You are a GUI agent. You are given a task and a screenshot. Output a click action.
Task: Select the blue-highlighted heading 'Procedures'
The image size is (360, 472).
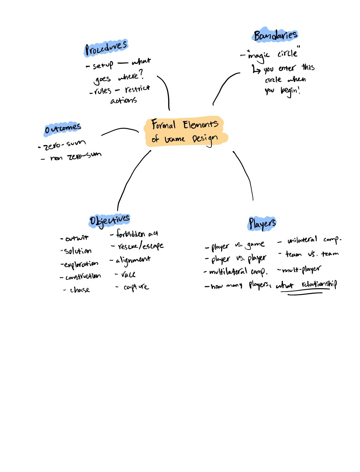(x=106, y=48)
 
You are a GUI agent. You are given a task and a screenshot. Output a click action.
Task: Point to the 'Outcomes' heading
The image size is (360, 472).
(x=63, y=129)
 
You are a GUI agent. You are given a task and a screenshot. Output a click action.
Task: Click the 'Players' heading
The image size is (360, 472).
(x=262, y=224)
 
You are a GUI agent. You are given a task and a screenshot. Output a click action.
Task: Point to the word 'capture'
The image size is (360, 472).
(x=136, y=287)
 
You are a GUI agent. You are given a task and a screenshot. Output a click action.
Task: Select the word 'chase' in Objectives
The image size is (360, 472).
(x=80, y=290)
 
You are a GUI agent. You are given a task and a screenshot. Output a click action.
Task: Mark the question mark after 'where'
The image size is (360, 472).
(x=142, y=74)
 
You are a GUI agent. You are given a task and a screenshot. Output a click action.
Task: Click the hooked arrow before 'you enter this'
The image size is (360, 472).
(x=256, y=69)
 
